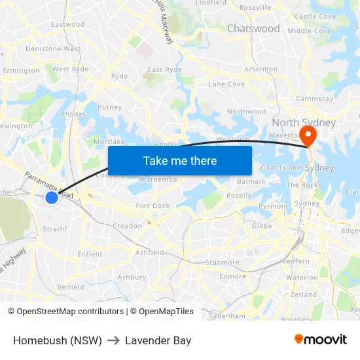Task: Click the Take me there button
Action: coord(180,160)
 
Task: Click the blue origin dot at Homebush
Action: coord(52,197)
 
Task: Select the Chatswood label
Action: coord(253,29)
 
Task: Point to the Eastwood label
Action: coord(68,25)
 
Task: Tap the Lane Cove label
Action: coord(226,84)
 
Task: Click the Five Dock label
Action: coord(153,206)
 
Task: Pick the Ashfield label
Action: coord(149,253)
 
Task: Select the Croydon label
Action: coord(127,226)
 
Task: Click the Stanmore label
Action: coord(223,263)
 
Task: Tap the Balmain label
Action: coord(251,181)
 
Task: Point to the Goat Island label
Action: coord(281,168)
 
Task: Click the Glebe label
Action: coord(262,226)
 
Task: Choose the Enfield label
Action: coord(90,254)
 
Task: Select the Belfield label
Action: coord(71,287)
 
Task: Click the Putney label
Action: coord(109,107)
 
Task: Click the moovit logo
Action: coord(321,340)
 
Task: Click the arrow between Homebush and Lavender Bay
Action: coord(113,340)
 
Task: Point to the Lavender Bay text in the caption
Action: coord(158,340)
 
